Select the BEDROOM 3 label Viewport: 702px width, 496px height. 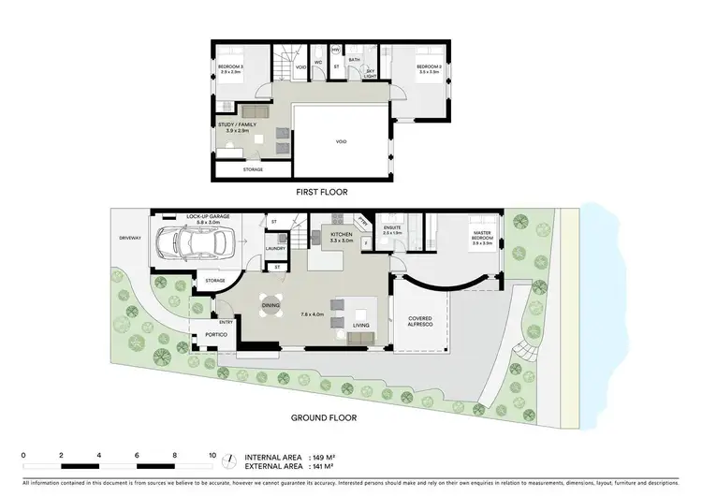(230, 67)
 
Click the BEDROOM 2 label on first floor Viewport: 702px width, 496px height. (429, 67)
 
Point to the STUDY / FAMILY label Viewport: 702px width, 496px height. (236, 124)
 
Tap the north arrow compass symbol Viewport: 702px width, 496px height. (228, 460)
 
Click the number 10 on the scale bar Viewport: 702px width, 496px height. (212, 453)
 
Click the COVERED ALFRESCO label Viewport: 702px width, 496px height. (420, 322)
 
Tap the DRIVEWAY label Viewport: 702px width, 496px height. (129, 239)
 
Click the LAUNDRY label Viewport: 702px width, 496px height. (274, 248)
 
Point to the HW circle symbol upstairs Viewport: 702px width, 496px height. (335, 50)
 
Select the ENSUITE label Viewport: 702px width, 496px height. (392, 227)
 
